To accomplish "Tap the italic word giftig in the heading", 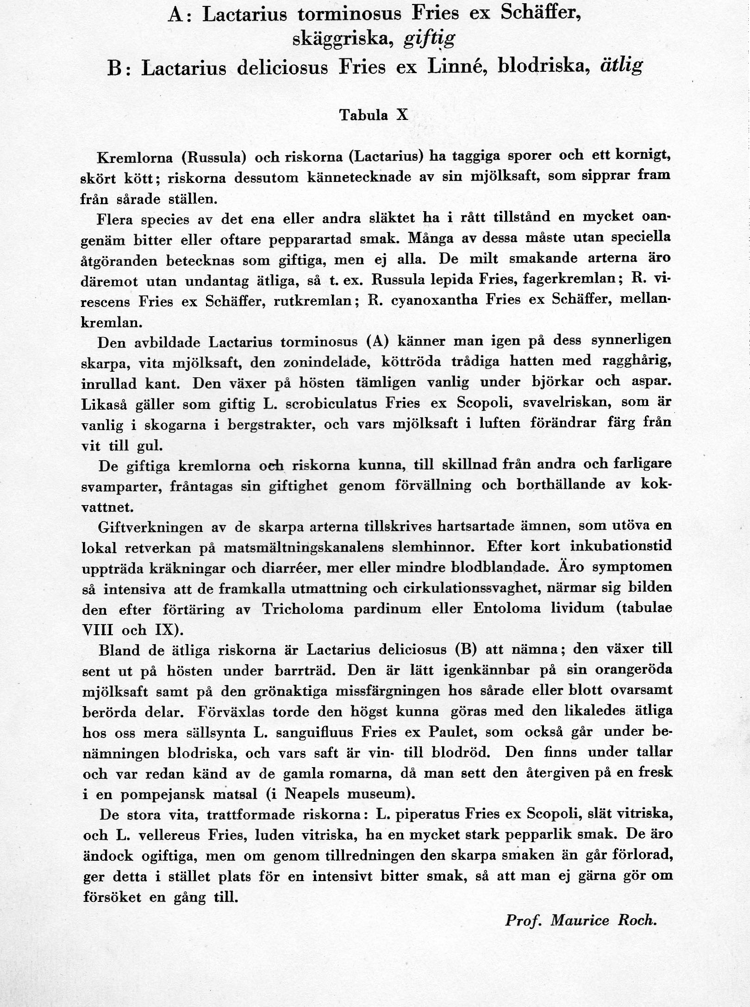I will point(429,41).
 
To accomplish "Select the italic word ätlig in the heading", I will point(621,66).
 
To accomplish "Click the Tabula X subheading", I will point(374,115).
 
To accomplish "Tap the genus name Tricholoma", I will point(303,609).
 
